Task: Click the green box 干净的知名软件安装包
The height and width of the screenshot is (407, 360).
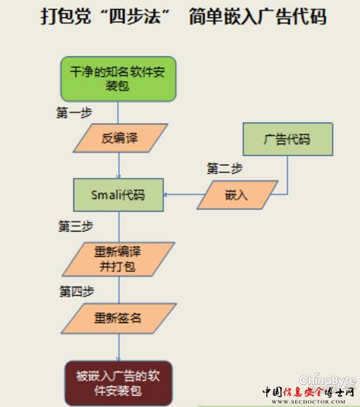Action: pyautogui.click(x=118, y=79)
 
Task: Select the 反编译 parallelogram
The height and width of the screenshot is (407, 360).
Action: pyautogui.click(x=120, y=138)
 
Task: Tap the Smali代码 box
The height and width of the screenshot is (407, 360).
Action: pyautogui.click(x=118, y=195)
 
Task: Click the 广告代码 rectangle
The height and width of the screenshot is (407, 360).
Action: pyautogui.click(x=288, y=139)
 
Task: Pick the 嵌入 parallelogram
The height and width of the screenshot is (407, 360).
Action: pyautogui.click(x=237, y=195)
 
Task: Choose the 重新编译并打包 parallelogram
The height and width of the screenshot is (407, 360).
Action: pyautogui.click(x=118, y=259)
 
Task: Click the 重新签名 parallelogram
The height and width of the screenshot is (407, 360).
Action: pyautogui.click(x=119, y=318)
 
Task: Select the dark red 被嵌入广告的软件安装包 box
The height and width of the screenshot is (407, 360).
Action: pyautogui.click(x=118, y=383)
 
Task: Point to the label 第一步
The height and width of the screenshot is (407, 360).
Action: pyautogui.click(x=74, y=113)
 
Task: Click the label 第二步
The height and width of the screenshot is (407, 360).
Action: pyautogui.click(x=225, y=169)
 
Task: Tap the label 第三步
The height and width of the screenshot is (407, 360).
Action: pyautogui.click(x=75, y=226)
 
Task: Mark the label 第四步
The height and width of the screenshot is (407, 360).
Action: pyautogui.click(x=77, y=291)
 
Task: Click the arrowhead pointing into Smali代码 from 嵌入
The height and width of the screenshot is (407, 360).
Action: pyautogui.click(x=165, y=195)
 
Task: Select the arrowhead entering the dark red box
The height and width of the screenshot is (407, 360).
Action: pyautogui.click(x=118, y=359)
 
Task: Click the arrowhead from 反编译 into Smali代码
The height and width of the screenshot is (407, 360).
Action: pyautogui.click(x=118, y=177)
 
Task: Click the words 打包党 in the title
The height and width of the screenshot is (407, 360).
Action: pyautogui.click(x=66, y=16)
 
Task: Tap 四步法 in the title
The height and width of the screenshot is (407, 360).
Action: pyautogui.click(x=135, y=16)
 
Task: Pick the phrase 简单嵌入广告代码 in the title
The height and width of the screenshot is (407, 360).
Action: pyautogui.click(x=257, y=16)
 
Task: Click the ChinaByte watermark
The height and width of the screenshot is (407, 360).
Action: pyautogui.click(x=328, y=380)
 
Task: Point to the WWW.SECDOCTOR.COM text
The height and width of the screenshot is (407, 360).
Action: pyautogui.click(x=309, y=402)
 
